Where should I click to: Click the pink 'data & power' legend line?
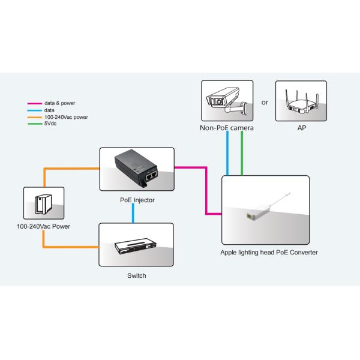click(29, 103)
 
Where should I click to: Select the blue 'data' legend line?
click(29, 110)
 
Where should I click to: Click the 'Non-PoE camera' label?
click(227, 128)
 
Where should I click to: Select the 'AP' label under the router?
click(301, 128)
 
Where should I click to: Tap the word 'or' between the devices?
click(265, 103)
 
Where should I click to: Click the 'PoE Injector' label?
click(136, 200)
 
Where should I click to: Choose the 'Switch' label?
click(136, 276)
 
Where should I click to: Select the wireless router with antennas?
click(301, 103)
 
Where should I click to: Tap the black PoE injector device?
click(136, 168)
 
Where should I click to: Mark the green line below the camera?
click(241, 154)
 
